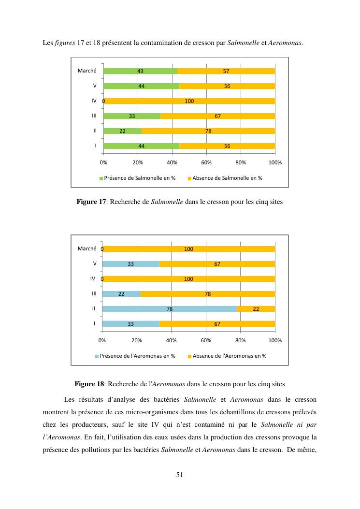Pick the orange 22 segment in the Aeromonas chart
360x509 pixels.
256,309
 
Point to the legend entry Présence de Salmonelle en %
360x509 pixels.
137,178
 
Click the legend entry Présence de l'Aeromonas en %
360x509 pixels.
135,356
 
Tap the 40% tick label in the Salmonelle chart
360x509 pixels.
172,162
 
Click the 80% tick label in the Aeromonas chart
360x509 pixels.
241,340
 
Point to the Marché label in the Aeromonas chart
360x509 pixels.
87,248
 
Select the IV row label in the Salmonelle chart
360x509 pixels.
94,101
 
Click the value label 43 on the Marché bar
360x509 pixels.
140,71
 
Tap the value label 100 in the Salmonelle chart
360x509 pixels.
189,101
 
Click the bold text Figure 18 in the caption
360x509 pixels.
89,384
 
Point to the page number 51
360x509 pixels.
179,475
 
